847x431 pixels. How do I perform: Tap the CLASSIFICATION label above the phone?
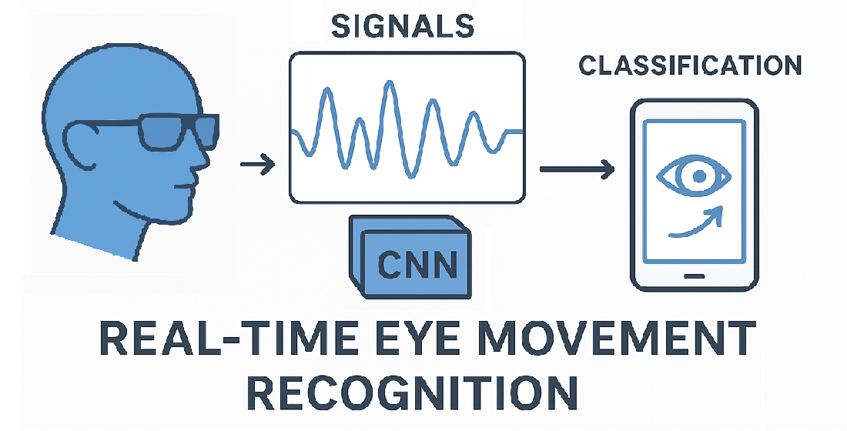click(690, 66)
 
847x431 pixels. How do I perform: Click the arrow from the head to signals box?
click(257, 164)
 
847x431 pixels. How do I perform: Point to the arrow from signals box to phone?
click(577, 169)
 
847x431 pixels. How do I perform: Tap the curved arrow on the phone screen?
click(697, 222)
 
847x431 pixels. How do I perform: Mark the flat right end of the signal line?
click(514, 132)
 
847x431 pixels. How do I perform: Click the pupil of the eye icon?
click(698, 176)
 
